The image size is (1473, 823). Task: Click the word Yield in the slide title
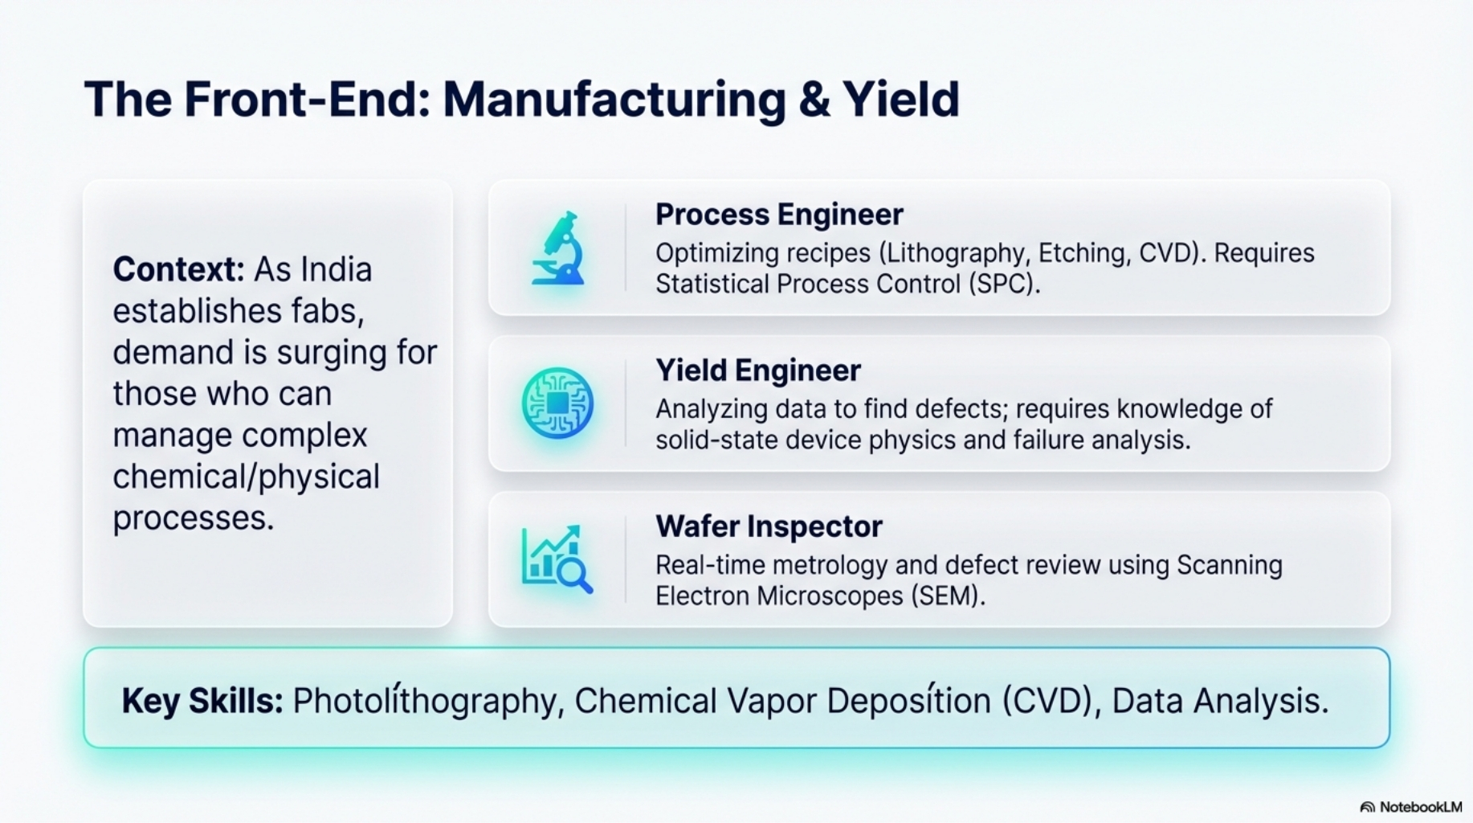[x=900, y=100]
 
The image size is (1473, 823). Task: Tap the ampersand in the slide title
[x=814, y=100]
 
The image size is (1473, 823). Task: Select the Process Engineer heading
[x=779, y=215]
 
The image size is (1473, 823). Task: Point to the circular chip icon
[x=557, y=403]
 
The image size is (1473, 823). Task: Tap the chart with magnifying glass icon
[x=557, y=559]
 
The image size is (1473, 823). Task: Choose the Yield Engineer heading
[x=758, y=371]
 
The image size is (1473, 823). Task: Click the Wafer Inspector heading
[x=769, y=526]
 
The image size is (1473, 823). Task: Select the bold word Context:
[x=178, y=269]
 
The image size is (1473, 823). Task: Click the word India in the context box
[x=336, y=269]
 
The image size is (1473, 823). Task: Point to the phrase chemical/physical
[x=246, y=477]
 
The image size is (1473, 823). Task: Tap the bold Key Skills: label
[x=202, y=701]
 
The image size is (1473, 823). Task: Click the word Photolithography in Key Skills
[x=424, y=701]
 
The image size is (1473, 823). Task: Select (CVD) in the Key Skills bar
[x=1049, y=701]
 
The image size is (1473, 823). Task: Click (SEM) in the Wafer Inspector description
[x=948, y=596]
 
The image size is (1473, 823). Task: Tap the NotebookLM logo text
[x=1420, y=807]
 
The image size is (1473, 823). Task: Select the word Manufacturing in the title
[x=614, y=100]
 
